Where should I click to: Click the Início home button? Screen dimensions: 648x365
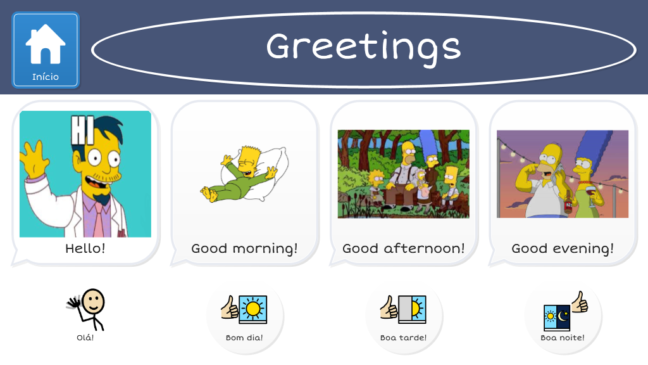[x=46, y=50]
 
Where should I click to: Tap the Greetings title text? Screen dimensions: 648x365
[x=364, y=48]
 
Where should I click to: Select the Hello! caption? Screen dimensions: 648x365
[x=85, y=248]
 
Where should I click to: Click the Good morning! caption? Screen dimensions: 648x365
[x=244, y=248]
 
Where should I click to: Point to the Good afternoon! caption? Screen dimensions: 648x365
[x=403, y=248]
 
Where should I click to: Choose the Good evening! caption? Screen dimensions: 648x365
[x=563, y=248]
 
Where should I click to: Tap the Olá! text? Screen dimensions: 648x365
[x=85, y=337]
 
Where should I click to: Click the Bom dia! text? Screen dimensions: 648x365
[x=244, y=337]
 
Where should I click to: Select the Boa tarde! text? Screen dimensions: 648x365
[x=403, y=337]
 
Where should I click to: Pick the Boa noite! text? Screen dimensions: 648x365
[x=563, y=337]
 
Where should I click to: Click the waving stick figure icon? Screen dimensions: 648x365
[x=86, y=309]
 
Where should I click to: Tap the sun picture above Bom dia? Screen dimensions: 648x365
[x=253, y=309]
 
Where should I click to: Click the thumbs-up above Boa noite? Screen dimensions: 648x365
[x=580, y=302]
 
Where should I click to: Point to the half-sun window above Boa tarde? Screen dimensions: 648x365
[x=412, y=309]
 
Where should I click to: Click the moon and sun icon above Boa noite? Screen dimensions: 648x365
[x=557, y=317]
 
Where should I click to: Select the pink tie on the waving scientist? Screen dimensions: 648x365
[x=99, y=219]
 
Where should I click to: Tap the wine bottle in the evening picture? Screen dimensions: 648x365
[x=569, y=202]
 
